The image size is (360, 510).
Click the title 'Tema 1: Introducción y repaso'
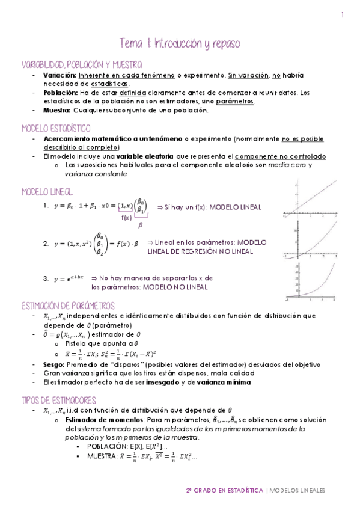(180, 44)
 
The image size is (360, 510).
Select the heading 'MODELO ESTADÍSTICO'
(56, 128)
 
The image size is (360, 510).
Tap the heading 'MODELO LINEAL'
(47, 192)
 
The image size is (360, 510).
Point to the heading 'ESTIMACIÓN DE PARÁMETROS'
(67, 306)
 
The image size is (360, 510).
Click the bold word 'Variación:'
(59, 75)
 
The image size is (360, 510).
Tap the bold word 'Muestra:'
(57, 110)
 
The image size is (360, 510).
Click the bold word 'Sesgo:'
(53, 364)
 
